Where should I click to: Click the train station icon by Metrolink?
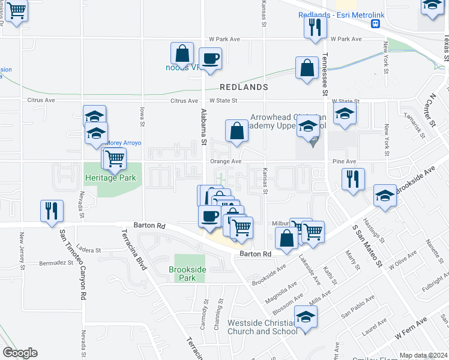[376, 24]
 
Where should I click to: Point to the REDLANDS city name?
[243, 87]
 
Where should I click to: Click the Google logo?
[20, 353]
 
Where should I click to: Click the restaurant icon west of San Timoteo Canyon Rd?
[51, 211]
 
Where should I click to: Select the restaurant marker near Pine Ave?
[352, 179]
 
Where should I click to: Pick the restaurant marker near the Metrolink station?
[315, 27]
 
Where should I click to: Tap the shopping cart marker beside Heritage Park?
[114, 159]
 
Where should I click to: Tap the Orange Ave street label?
[225, 161]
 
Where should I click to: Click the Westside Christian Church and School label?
[262, 327]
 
